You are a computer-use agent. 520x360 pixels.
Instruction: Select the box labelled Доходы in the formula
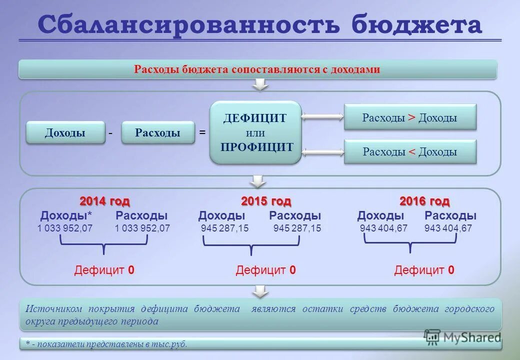pos(65,132)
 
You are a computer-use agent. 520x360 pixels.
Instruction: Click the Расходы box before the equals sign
pos(157,132)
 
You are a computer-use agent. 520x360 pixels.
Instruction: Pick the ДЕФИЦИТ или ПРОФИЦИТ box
pos(255,132)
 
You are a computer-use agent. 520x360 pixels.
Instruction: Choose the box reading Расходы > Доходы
pos(410,118)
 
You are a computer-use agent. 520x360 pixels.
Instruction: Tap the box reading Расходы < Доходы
pos(410,151)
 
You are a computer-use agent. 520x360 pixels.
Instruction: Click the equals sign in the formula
pos(202,132)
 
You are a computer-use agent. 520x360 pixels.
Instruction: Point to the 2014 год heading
pos(104,201)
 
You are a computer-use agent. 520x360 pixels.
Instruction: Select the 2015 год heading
pos(266,201)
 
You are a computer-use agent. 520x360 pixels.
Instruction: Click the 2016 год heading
pos(424,201)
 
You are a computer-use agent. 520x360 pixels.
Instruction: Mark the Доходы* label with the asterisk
pos(66,216)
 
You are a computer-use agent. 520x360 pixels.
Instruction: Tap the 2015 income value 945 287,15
pos(224,228)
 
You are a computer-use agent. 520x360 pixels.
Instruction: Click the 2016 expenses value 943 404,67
pos(448,228)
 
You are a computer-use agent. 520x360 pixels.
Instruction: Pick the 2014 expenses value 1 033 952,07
pos(142,228)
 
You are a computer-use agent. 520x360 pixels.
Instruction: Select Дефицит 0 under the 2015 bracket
pos(265,270)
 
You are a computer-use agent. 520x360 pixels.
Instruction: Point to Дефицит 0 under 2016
pos(424,270)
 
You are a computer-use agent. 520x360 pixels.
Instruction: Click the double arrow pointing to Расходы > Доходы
pos(322,117)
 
